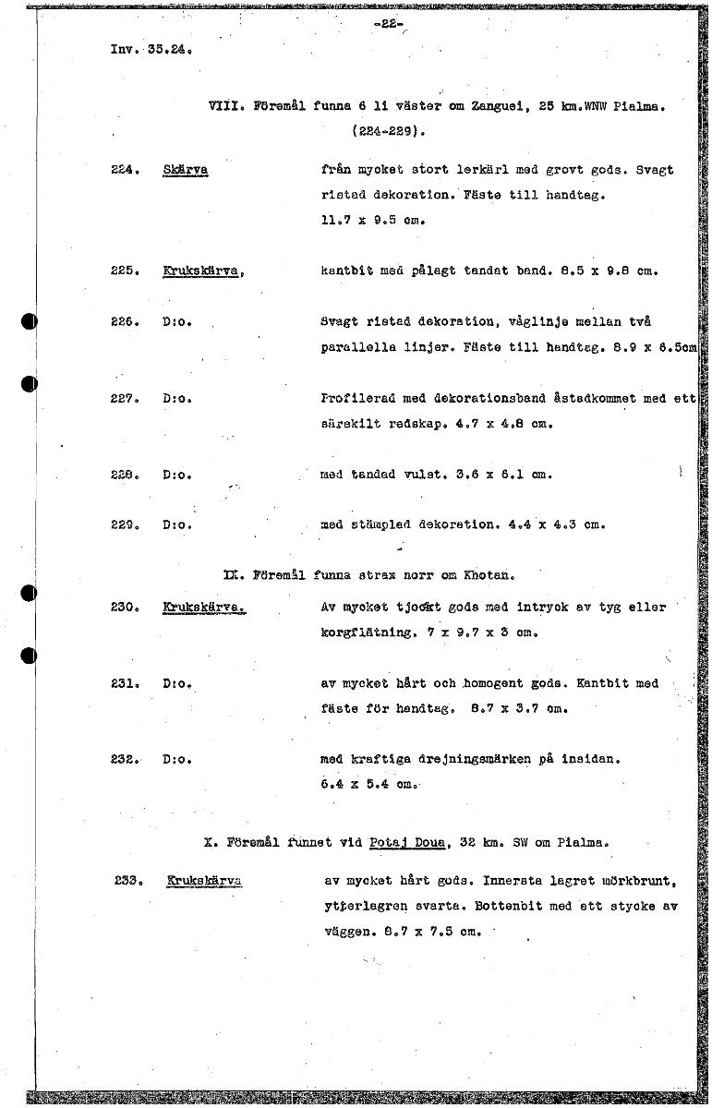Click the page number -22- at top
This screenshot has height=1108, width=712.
(389, 25)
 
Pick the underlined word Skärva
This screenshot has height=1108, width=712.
(186, 171)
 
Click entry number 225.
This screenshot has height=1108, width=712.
(124, 271)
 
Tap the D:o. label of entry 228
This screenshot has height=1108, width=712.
(176, 475)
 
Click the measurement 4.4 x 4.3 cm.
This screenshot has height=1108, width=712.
(557, 524)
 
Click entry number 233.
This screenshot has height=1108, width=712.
(126, 881)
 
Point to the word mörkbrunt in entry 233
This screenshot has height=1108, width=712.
(638, 881)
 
